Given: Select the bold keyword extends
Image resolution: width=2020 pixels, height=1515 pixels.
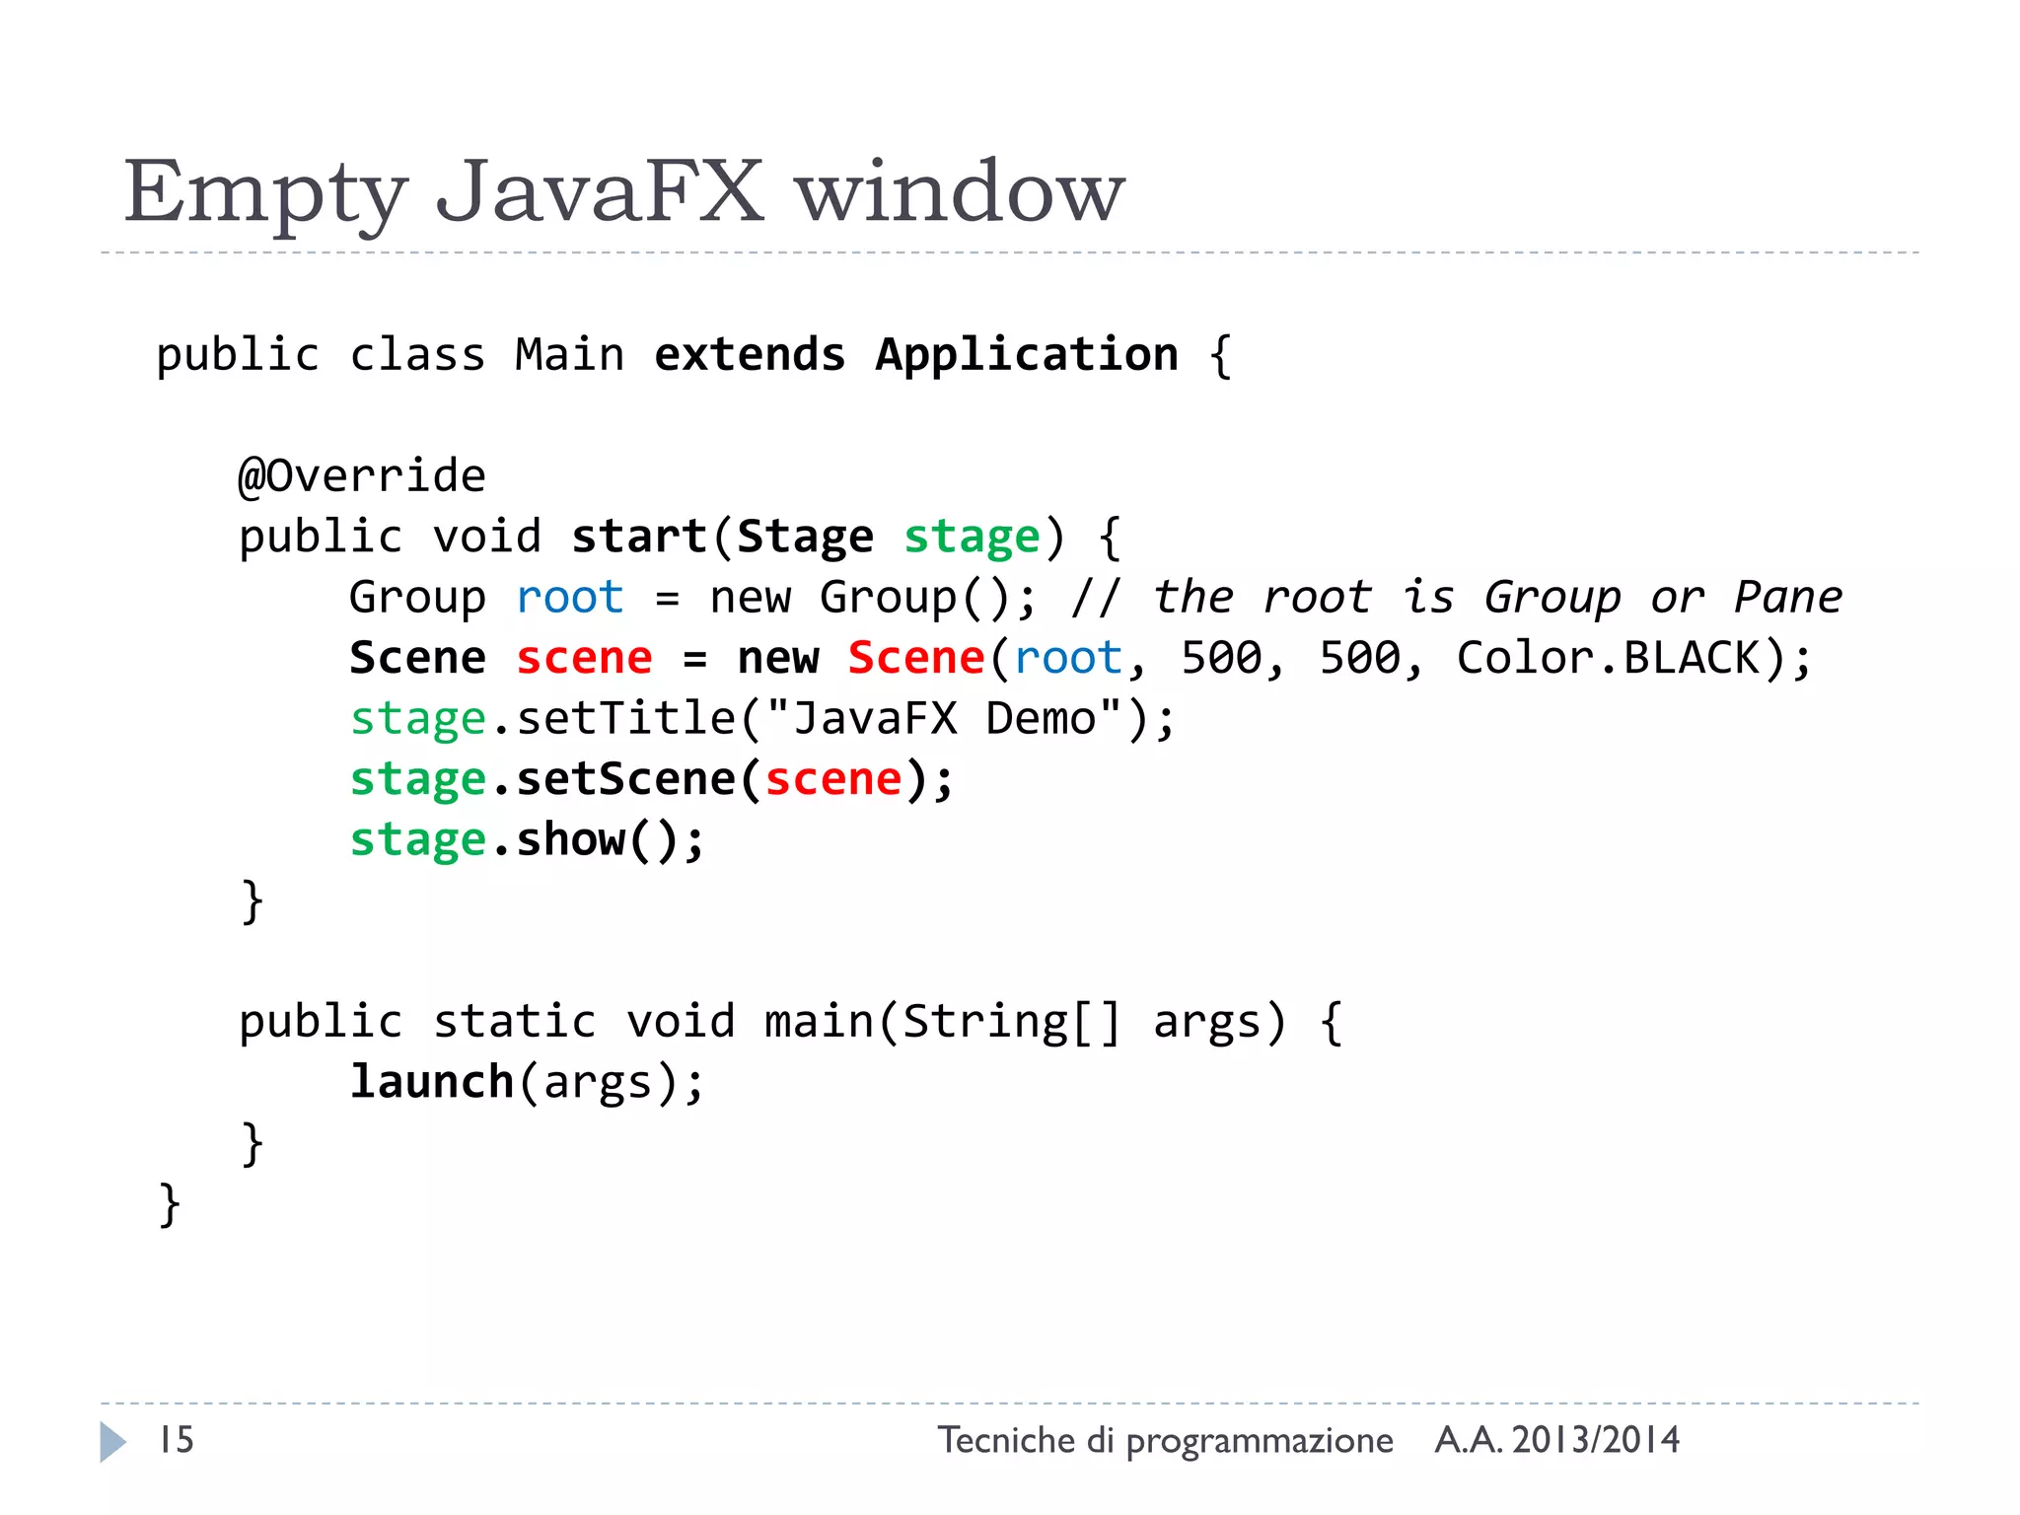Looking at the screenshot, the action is (750, 355).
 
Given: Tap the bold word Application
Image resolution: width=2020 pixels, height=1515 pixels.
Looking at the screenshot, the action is (1027, 355).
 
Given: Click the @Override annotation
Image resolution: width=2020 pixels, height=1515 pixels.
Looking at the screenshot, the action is (362, 476).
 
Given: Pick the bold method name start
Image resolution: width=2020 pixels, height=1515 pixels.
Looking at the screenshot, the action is (639, 538).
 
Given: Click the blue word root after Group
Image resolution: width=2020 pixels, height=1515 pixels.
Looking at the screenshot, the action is (570, 598).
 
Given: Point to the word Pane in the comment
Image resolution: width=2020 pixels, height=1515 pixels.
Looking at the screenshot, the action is (1787, 598).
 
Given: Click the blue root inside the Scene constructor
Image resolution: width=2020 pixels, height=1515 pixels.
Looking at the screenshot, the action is (1068, 658).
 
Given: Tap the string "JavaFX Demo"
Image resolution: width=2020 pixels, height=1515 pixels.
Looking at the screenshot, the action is (944, 719).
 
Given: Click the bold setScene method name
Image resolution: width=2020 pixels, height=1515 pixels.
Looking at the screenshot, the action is (625, 779).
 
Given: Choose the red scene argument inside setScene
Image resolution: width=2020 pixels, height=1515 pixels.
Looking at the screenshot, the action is (833, 779).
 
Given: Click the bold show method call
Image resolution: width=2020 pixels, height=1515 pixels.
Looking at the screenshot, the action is (570, 840).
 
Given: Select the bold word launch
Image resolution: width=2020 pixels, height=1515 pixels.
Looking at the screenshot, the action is (432, 1082).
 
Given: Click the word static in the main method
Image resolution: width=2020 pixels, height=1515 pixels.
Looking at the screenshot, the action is (515, 1022).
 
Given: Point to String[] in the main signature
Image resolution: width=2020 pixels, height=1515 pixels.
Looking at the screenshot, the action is (1012, 1022).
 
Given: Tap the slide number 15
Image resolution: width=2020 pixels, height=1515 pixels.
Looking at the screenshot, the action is (177, 1440).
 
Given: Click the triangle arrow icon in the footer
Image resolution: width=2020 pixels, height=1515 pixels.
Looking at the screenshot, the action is (112, 1442).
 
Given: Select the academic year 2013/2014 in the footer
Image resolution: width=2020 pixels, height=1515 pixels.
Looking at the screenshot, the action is (1595, 1440).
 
